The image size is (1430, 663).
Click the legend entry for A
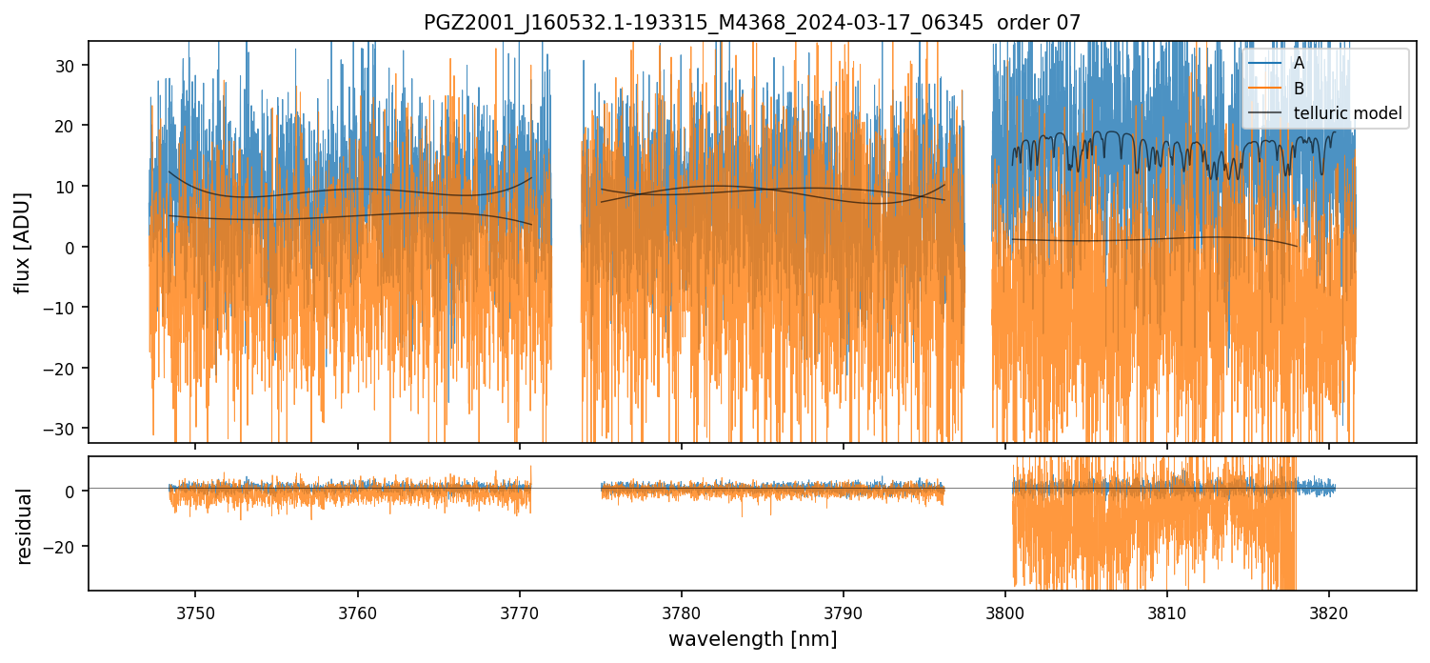tap(1299, 63)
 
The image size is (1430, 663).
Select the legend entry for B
tap(1299, 89)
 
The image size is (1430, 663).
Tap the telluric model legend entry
tap(1347, 114)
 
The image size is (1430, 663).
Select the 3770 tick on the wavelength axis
tap(520, 610)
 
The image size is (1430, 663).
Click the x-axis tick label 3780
tap(682, 610)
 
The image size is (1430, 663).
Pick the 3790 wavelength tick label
tap(844, 610)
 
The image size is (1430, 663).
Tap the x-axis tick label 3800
tap(1005, 610)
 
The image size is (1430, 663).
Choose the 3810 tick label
tap(1167, 610)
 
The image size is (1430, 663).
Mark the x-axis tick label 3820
tap(1329, 610)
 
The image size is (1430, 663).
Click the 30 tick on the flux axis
tap(70, 65)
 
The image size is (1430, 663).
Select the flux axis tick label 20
tap(70, 126)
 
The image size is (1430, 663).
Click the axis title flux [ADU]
tap(24, 242)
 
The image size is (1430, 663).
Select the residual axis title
tap(24, 526)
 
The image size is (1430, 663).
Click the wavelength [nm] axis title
tap(752, 638)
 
